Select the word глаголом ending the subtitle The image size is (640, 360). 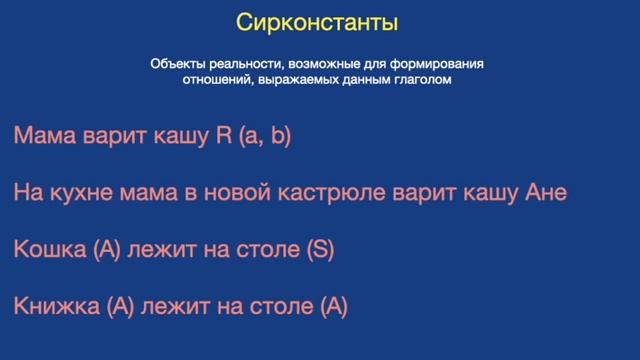pyautogui.click(x=421, y=81)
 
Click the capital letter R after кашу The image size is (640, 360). pyautogui.click(x=223, y=136)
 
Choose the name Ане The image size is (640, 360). pyautogui.click(x=546, y=193)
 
